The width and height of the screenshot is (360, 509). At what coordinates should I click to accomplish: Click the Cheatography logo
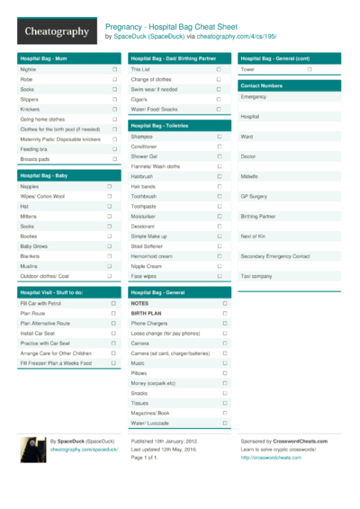56,31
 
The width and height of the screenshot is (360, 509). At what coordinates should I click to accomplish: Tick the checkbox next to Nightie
114,69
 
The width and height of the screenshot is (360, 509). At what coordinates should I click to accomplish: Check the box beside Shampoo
219,137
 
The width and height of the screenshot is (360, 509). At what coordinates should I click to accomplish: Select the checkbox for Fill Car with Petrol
113,304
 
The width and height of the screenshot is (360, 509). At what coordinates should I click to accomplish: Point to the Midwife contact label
249,176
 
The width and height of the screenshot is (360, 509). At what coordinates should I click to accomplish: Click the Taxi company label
256,276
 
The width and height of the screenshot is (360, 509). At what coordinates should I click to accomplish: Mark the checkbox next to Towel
309,69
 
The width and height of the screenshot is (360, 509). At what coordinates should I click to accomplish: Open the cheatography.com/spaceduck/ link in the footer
84,450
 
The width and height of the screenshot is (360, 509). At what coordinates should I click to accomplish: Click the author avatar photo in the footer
32,450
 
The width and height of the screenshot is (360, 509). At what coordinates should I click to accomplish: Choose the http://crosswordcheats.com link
271,458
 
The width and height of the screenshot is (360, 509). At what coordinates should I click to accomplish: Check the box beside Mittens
110,216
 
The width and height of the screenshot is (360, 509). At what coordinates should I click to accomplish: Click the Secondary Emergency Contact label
275,256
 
